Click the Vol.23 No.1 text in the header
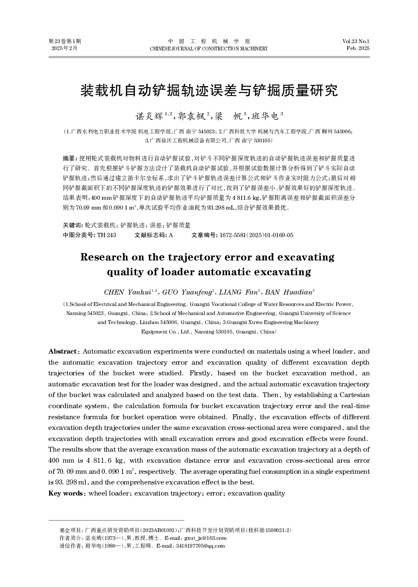click(x=356, y=41)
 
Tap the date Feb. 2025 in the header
click(x=358, y=48)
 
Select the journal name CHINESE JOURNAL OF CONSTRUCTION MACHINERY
click(x=209, y=49)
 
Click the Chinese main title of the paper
click(x=209, y=91)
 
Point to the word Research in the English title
click(x=104, y=257)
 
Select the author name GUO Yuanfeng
click(x=187, y=292)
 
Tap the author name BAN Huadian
click(x=289, y=292)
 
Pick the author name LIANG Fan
click(x=238, y=292)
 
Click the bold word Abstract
click(x=63, y=352)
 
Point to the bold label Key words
click(x=65, y=493)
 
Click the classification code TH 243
click(x=107, y=235)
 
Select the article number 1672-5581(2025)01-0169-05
click(x=256, y=235)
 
